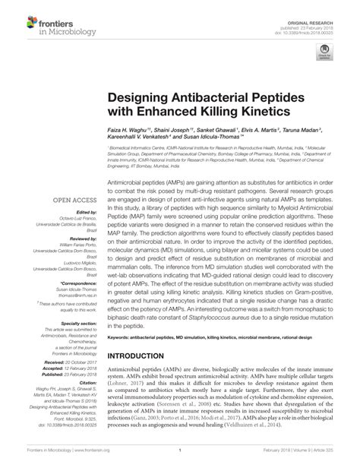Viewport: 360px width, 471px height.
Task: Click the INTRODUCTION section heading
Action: [x=142, y=356]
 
